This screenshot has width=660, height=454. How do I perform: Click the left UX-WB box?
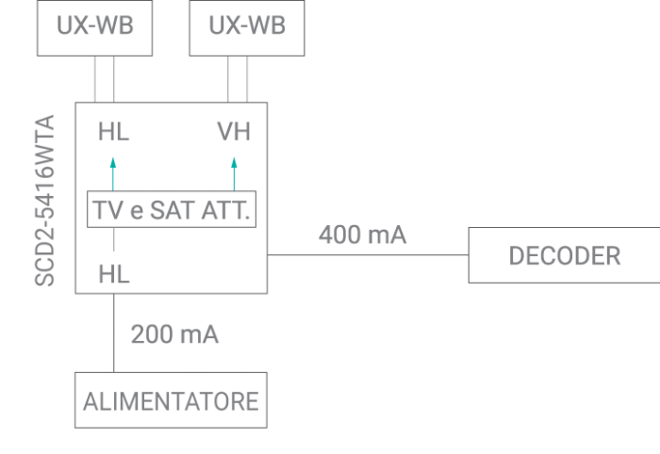click(x=94, y=26)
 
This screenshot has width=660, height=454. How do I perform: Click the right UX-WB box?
click(x=248, y=26)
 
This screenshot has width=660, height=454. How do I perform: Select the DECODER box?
click(x=564, y=255)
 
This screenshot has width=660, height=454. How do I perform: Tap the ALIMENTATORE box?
click(x=171, y=401)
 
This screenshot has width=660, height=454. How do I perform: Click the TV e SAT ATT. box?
click(x=172, y=210)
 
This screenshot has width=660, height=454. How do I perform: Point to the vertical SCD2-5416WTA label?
click(x=44, y=200)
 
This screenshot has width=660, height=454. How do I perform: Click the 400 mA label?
click(x=362, y=235)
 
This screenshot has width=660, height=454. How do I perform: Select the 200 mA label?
click(x=174, y=333)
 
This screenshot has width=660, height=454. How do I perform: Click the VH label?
click(x=233, y=133)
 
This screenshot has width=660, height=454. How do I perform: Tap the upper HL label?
click(x=113, y=133)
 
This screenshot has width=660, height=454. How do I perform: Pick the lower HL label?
click(x=113, y=275)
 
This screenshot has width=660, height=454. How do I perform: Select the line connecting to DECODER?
click(x=368, y=255)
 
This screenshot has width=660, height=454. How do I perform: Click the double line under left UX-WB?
click(x=104, y=78)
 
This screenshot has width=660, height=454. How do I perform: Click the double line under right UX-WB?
click(x=239, y=78)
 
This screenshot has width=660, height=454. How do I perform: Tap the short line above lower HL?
click(x=113, y=240)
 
